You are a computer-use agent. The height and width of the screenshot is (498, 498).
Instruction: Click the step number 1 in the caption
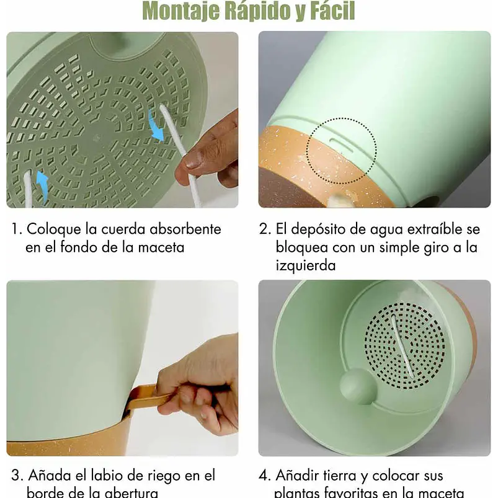(15, 229)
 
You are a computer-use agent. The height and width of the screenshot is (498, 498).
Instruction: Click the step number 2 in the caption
(264, 229)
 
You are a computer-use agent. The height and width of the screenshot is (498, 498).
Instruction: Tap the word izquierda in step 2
(305, 265)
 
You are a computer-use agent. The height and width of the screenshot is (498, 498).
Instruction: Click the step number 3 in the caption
(16, 476)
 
